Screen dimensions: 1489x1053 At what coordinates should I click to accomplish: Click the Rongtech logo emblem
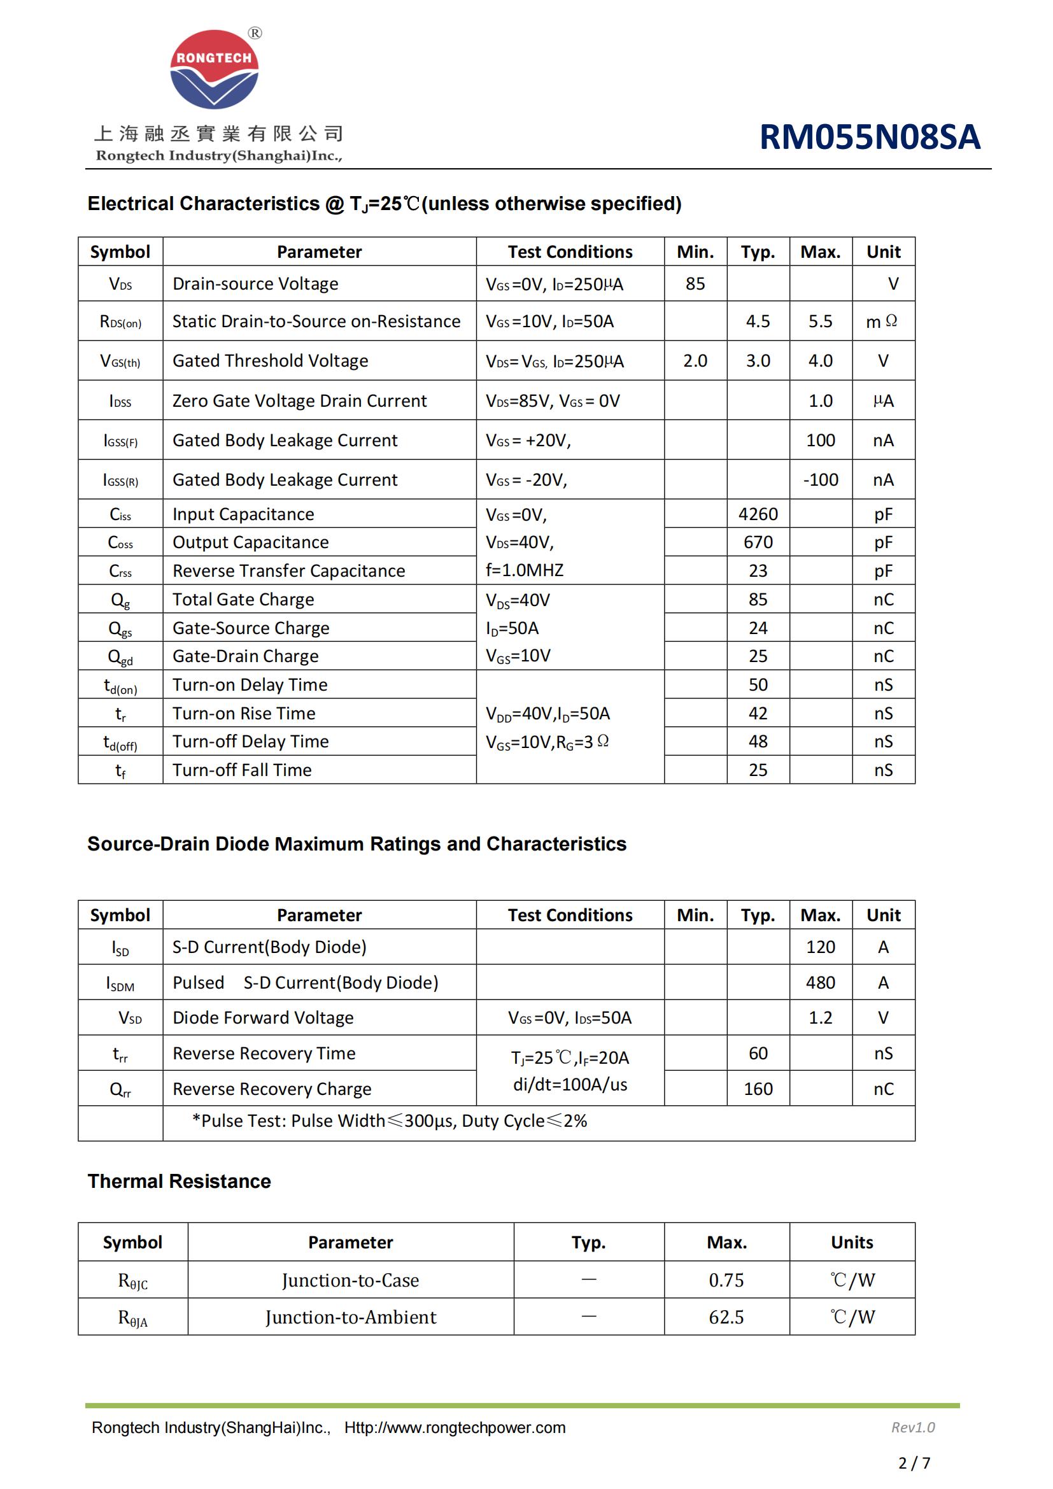(x=214, y=69)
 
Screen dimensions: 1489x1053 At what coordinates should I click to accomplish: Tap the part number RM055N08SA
(x=869, y=137)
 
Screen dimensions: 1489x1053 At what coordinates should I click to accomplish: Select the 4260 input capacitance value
(x=758, y=514)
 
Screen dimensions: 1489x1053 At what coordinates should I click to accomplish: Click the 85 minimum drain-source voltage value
(x=695, y=283)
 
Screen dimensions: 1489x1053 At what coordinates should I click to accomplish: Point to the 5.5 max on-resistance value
(x=820, y=321)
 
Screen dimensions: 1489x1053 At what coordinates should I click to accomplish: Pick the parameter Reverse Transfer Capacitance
(x=288, y=570)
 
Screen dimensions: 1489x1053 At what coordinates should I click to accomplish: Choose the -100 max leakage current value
(x=820, y=480)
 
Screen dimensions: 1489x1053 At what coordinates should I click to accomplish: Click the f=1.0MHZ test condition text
(x=525, y=570)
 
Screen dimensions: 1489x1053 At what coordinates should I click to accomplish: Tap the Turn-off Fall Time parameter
(x=242, y=770)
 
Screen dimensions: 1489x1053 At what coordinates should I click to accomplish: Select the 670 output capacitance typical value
(x=758, y=542)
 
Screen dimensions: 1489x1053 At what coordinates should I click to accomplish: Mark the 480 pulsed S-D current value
(x=820, y=982)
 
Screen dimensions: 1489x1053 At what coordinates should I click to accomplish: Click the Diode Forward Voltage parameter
(x=262, y=1017)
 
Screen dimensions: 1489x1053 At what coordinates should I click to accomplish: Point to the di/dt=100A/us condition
(x=570, y=1084)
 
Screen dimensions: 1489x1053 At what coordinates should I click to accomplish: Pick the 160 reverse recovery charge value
(x=758, y=1089)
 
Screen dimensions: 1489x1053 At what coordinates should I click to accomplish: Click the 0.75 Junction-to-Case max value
(x=726, y=1280)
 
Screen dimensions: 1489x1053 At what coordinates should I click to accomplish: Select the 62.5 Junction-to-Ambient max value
(x=726, y=1317)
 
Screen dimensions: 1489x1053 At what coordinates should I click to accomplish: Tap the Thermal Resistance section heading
(x=179, y=1181)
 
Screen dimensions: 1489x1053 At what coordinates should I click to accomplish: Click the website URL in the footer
(x=455, y=1427)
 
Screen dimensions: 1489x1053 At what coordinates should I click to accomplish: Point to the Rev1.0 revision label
(x=912, y=1427)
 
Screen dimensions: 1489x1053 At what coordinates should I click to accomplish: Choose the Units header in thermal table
(x=851, y=1242)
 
